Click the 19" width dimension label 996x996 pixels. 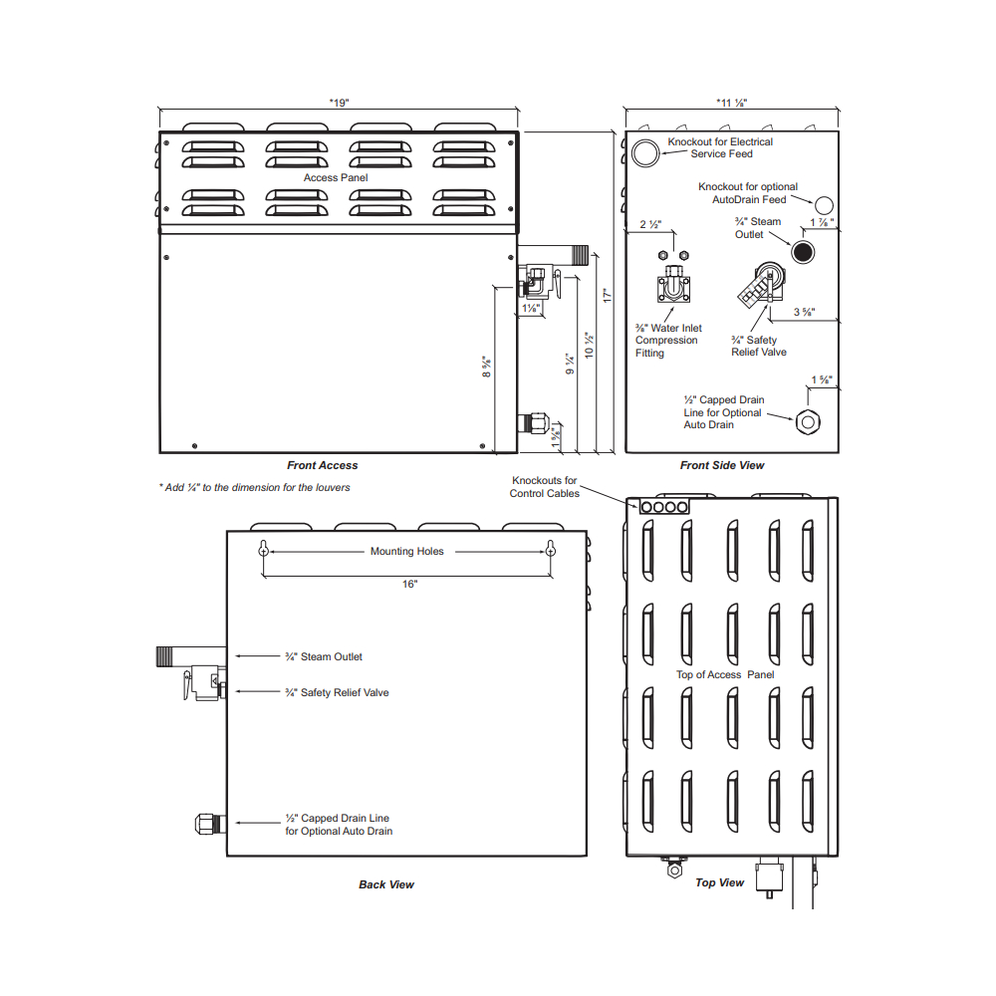pyautogui.click(x=340, y=103)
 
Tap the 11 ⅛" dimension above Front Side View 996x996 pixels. pyautogui.click(x=732, y=103)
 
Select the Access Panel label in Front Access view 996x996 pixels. pyautogui.click(x=336, y=178)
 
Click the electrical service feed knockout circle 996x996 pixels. pyautogui.click(x=645, y=153)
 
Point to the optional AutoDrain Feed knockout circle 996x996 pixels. pyautogui.click(x=824, y=205)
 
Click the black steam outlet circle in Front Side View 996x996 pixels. pyautogui.click(x=803, y=252)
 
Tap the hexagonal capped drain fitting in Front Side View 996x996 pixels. pyautogui.click(x=808, y=421)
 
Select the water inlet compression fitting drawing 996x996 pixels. pyautogui.click(x=673, y=283)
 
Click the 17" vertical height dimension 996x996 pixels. pyautogui.click(x=607, y=296)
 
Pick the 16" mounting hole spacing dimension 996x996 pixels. pyautogui.click(x=409, y=584)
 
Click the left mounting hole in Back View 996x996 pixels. pyautogui.click(x=264, y=549)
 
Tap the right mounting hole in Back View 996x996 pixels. pyautogui.click(x=551, y=549)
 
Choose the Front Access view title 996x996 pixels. pyautogui.click(x=322, y=465)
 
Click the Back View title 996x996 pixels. pyautogui.click(x=386, y=884)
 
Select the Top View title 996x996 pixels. pyautogui.click(x=719, y=882)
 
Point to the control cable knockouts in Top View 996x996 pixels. pyautogui.click(x=663, y=507)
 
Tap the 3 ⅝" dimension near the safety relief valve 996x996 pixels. pyautogui.click(x=804, y=312)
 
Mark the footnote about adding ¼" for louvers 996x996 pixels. pyautogui.click(x=254, y=488)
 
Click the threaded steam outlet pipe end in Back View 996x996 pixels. pyautogui.click(x=164, y=656)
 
